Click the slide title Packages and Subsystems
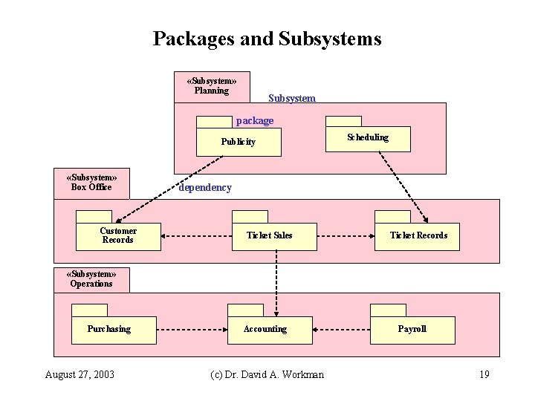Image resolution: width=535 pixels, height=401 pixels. (267, 39)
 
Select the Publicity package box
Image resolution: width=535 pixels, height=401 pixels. (239, 141)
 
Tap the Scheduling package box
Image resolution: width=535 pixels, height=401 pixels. (369, 138)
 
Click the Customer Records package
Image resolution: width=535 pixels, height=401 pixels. (118, 235)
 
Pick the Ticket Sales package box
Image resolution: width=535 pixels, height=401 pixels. (270, 235)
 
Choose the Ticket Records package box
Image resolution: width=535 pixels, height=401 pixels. (418, 235)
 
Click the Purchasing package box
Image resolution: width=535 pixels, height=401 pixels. (113, 330)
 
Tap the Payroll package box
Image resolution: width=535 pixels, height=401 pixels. (412, 330)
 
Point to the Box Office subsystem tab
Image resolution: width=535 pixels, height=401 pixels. (91, 183)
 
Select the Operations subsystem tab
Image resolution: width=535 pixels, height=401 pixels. (91, 279)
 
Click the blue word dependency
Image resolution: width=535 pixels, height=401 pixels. (205, 188)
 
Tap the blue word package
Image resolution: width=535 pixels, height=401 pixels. (254, 120)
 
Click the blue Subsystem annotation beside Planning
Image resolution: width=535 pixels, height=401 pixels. (291, 98)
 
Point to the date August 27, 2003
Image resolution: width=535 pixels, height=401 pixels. (80, 374)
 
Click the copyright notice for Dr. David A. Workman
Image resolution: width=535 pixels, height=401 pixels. (267, 374)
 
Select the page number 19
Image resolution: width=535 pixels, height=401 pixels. (484, 374)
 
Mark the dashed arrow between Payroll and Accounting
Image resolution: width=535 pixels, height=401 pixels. (342, 328)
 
